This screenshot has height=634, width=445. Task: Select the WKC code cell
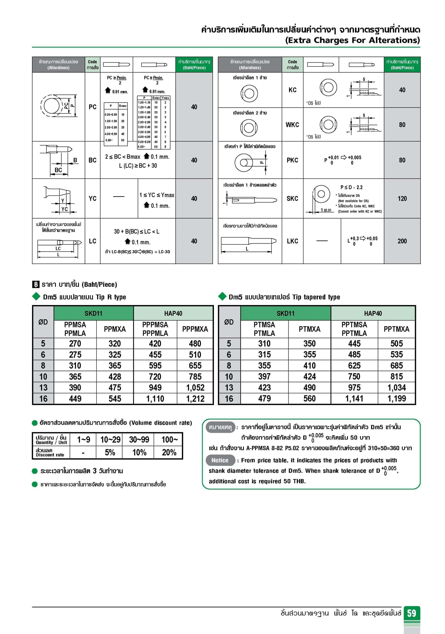[x=292, y=125]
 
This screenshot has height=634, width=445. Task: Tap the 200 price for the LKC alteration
[x=402, y=241]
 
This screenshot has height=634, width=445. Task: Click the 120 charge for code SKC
[x=402, y=199]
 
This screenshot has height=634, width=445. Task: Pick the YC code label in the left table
[x=92, y=199]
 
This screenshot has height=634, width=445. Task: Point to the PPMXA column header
[x=115, y=329]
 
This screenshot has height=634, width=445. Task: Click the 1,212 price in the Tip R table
[x=195, y=399]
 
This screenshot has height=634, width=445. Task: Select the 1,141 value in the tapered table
[x=354, y=399]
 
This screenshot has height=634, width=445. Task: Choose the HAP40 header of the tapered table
[x=373, y=313]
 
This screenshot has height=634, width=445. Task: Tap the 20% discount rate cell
[x=169, y=452]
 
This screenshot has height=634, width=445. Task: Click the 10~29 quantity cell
[x=110, y=439]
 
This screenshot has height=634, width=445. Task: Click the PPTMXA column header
[x=396, y=329]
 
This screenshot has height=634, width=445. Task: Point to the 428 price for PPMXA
[x=115, y=377]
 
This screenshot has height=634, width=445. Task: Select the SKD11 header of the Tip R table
[x=94, y=313]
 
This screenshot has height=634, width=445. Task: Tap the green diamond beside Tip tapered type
[x=222, y=296]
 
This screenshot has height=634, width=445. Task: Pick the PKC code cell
[x=292, y=160]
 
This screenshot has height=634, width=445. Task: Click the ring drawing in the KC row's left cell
[x=249, y=93]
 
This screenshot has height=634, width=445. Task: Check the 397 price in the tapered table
[x=264, y=376]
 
